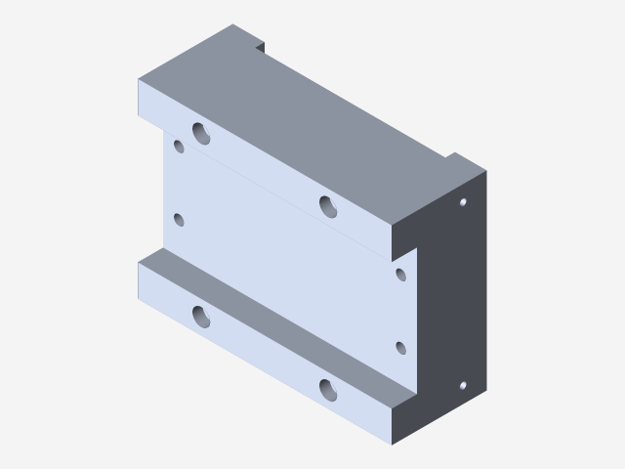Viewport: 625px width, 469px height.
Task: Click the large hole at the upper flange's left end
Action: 201,133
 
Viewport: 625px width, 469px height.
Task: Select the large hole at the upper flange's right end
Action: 328,206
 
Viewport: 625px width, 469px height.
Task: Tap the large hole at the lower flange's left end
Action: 201,316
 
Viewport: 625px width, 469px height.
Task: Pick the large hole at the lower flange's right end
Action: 328,390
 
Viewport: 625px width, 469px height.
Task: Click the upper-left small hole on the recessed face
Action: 179,147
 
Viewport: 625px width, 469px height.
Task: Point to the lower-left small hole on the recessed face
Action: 179,220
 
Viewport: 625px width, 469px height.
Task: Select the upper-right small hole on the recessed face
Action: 400,274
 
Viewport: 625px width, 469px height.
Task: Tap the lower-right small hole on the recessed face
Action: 400,347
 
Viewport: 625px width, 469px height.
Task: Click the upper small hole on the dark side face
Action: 463,202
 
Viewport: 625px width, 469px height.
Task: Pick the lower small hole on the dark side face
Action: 463,385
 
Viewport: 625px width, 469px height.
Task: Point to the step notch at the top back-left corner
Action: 260,45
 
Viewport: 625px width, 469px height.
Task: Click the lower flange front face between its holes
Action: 264,357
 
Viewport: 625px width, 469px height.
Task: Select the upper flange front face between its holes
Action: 264,171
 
